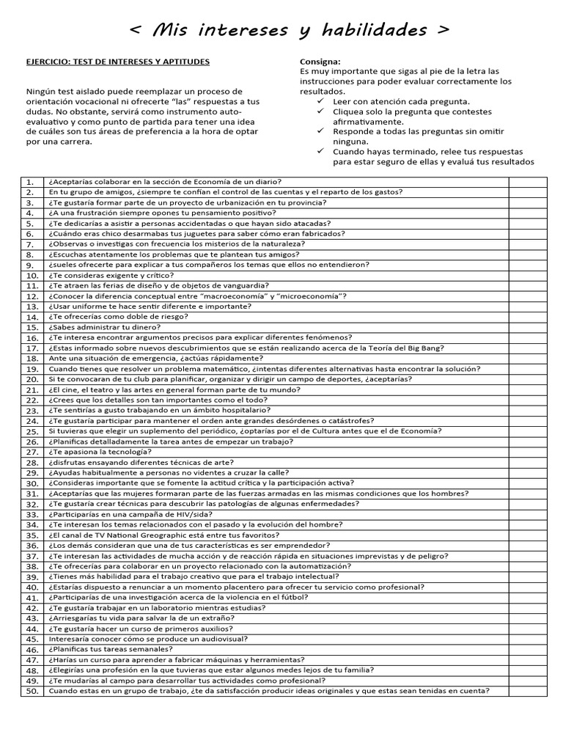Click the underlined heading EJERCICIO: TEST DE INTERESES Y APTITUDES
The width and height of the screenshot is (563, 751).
pyautogui.click(x=117, y=62)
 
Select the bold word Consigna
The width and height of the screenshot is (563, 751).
pyautogui.click(x=320, y=62)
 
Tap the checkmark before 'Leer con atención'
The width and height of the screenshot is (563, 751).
pyautogui.click(x=320, y=101)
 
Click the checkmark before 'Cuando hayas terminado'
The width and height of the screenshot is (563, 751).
pyautogui.click(x=320, y=151)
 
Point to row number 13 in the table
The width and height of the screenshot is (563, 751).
pyautogui.click(x=32, y=307)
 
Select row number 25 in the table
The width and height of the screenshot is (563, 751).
pyautogui.click(x=32, y=431)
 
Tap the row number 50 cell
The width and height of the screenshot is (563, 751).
pyautogui.click(x=32, y=691)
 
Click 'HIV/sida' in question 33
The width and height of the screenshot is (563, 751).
pyautogui.click(x=193, y=514)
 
